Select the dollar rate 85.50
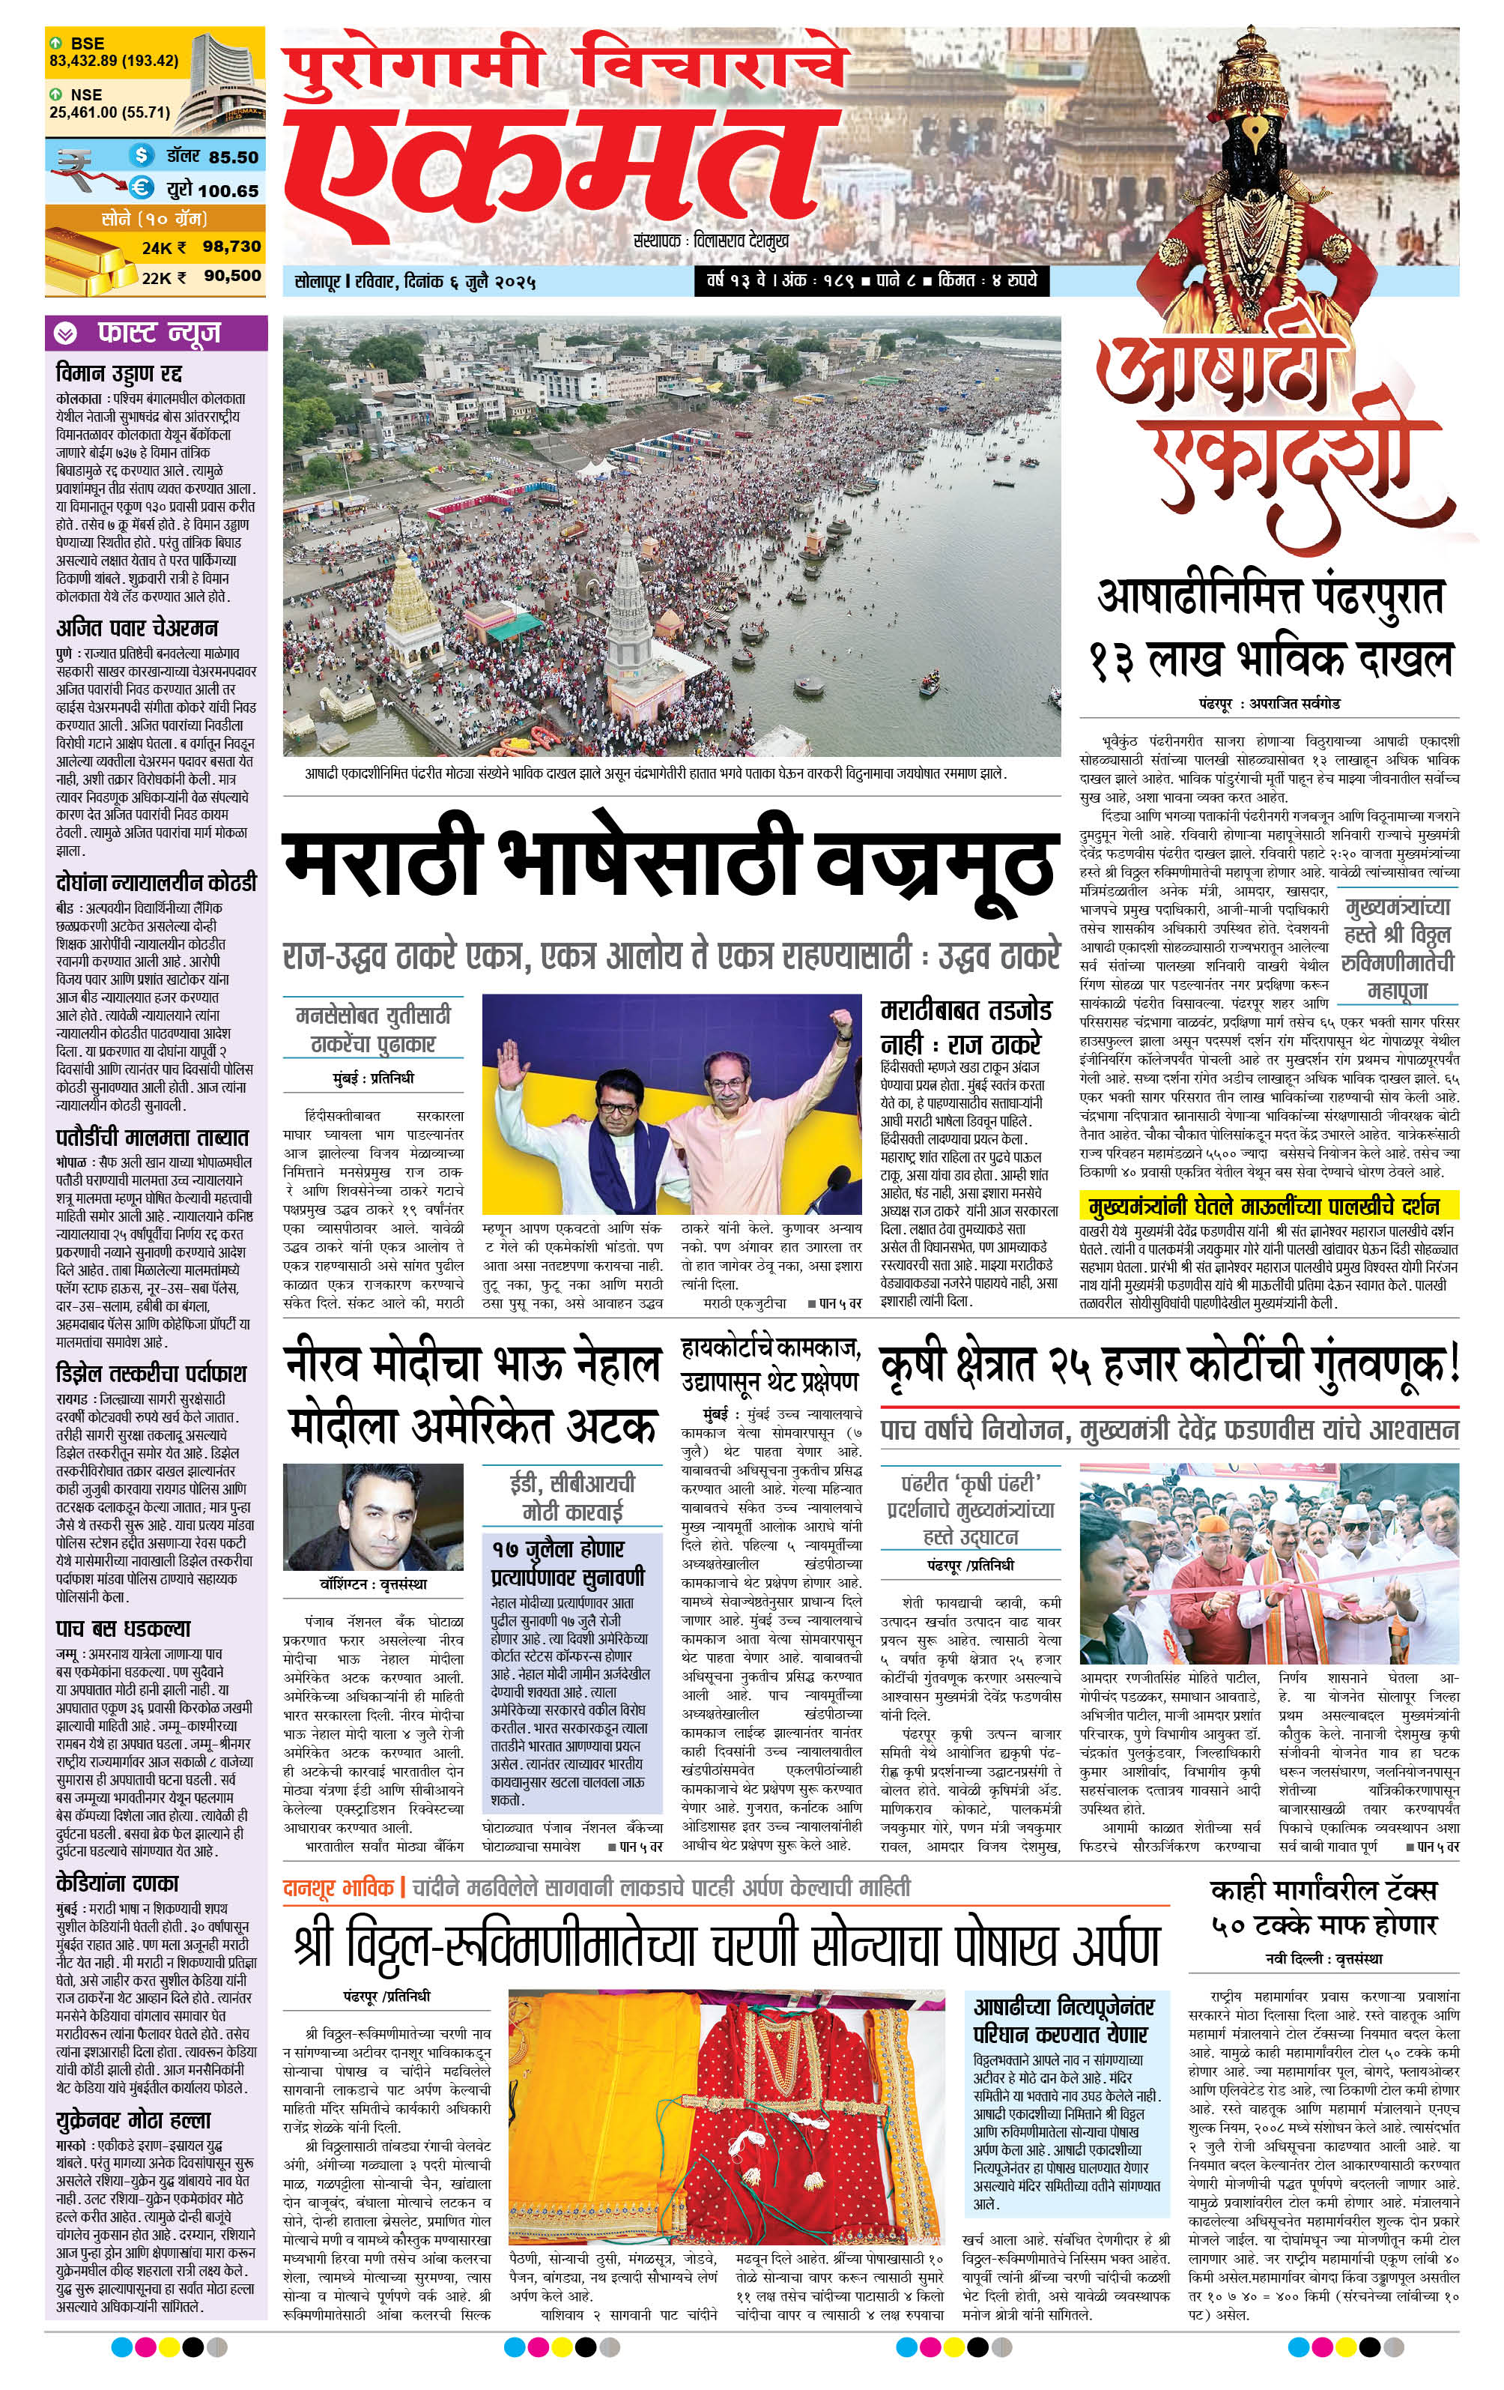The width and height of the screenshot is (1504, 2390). click(x=233, y=157)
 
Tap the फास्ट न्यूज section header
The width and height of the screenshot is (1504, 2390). click(x=159, y=333)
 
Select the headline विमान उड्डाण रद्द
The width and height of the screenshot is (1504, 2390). click(x=119, y=374)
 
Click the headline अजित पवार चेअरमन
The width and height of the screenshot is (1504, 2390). click(x=137, y=627)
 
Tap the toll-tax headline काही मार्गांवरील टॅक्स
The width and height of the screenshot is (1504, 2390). click(x=1323, y=1891)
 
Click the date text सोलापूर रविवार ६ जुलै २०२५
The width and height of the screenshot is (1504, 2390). click(x=416, y=281)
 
